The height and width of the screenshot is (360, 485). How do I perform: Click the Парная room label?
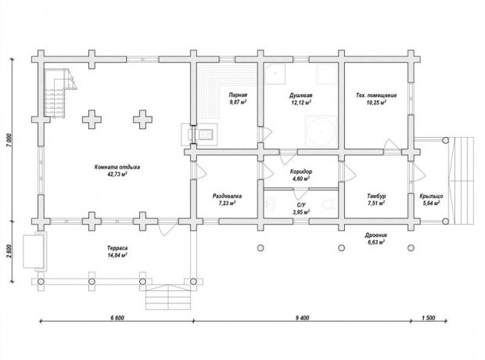coord(238,95)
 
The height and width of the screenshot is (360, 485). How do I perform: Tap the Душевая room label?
coord(300,95)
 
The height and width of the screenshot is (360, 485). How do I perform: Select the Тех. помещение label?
coord(376,95)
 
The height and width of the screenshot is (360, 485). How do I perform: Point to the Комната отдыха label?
coord(117,167)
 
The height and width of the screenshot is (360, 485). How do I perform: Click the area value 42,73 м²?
coord(117,174)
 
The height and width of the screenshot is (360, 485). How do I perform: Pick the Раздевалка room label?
coord(227,196)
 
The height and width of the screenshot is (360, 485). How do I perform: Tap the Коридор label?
coord(301,171)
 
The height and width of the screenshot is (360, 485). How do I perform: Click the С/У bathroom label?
coord(301,205)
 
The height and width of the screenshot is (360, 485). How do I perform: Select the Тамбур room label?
coord(376,196)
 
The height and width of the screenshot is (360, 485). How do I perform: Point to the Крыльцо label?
coord(431,196)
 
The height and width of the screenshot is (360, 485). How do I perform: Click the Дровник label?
coord(376,236)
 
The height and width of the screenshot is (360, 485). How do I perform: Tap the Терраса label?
coord(117,248)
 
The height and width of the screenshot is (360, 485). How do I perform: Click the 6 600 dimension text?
coord(117,318)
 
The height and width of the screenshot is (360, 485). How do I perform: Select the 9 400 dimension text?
coord(302,318)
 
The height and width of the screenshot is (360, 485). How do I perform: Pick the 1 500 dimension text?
coord(429,318)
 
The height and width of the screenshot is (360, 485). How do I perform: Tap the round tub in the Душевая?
coord(321,131)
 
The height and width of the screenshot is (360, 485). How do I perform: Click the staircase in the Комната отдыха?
coord(60,93)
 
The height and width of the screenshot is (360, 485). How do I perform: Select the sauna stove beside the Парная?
coord(199,135)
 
